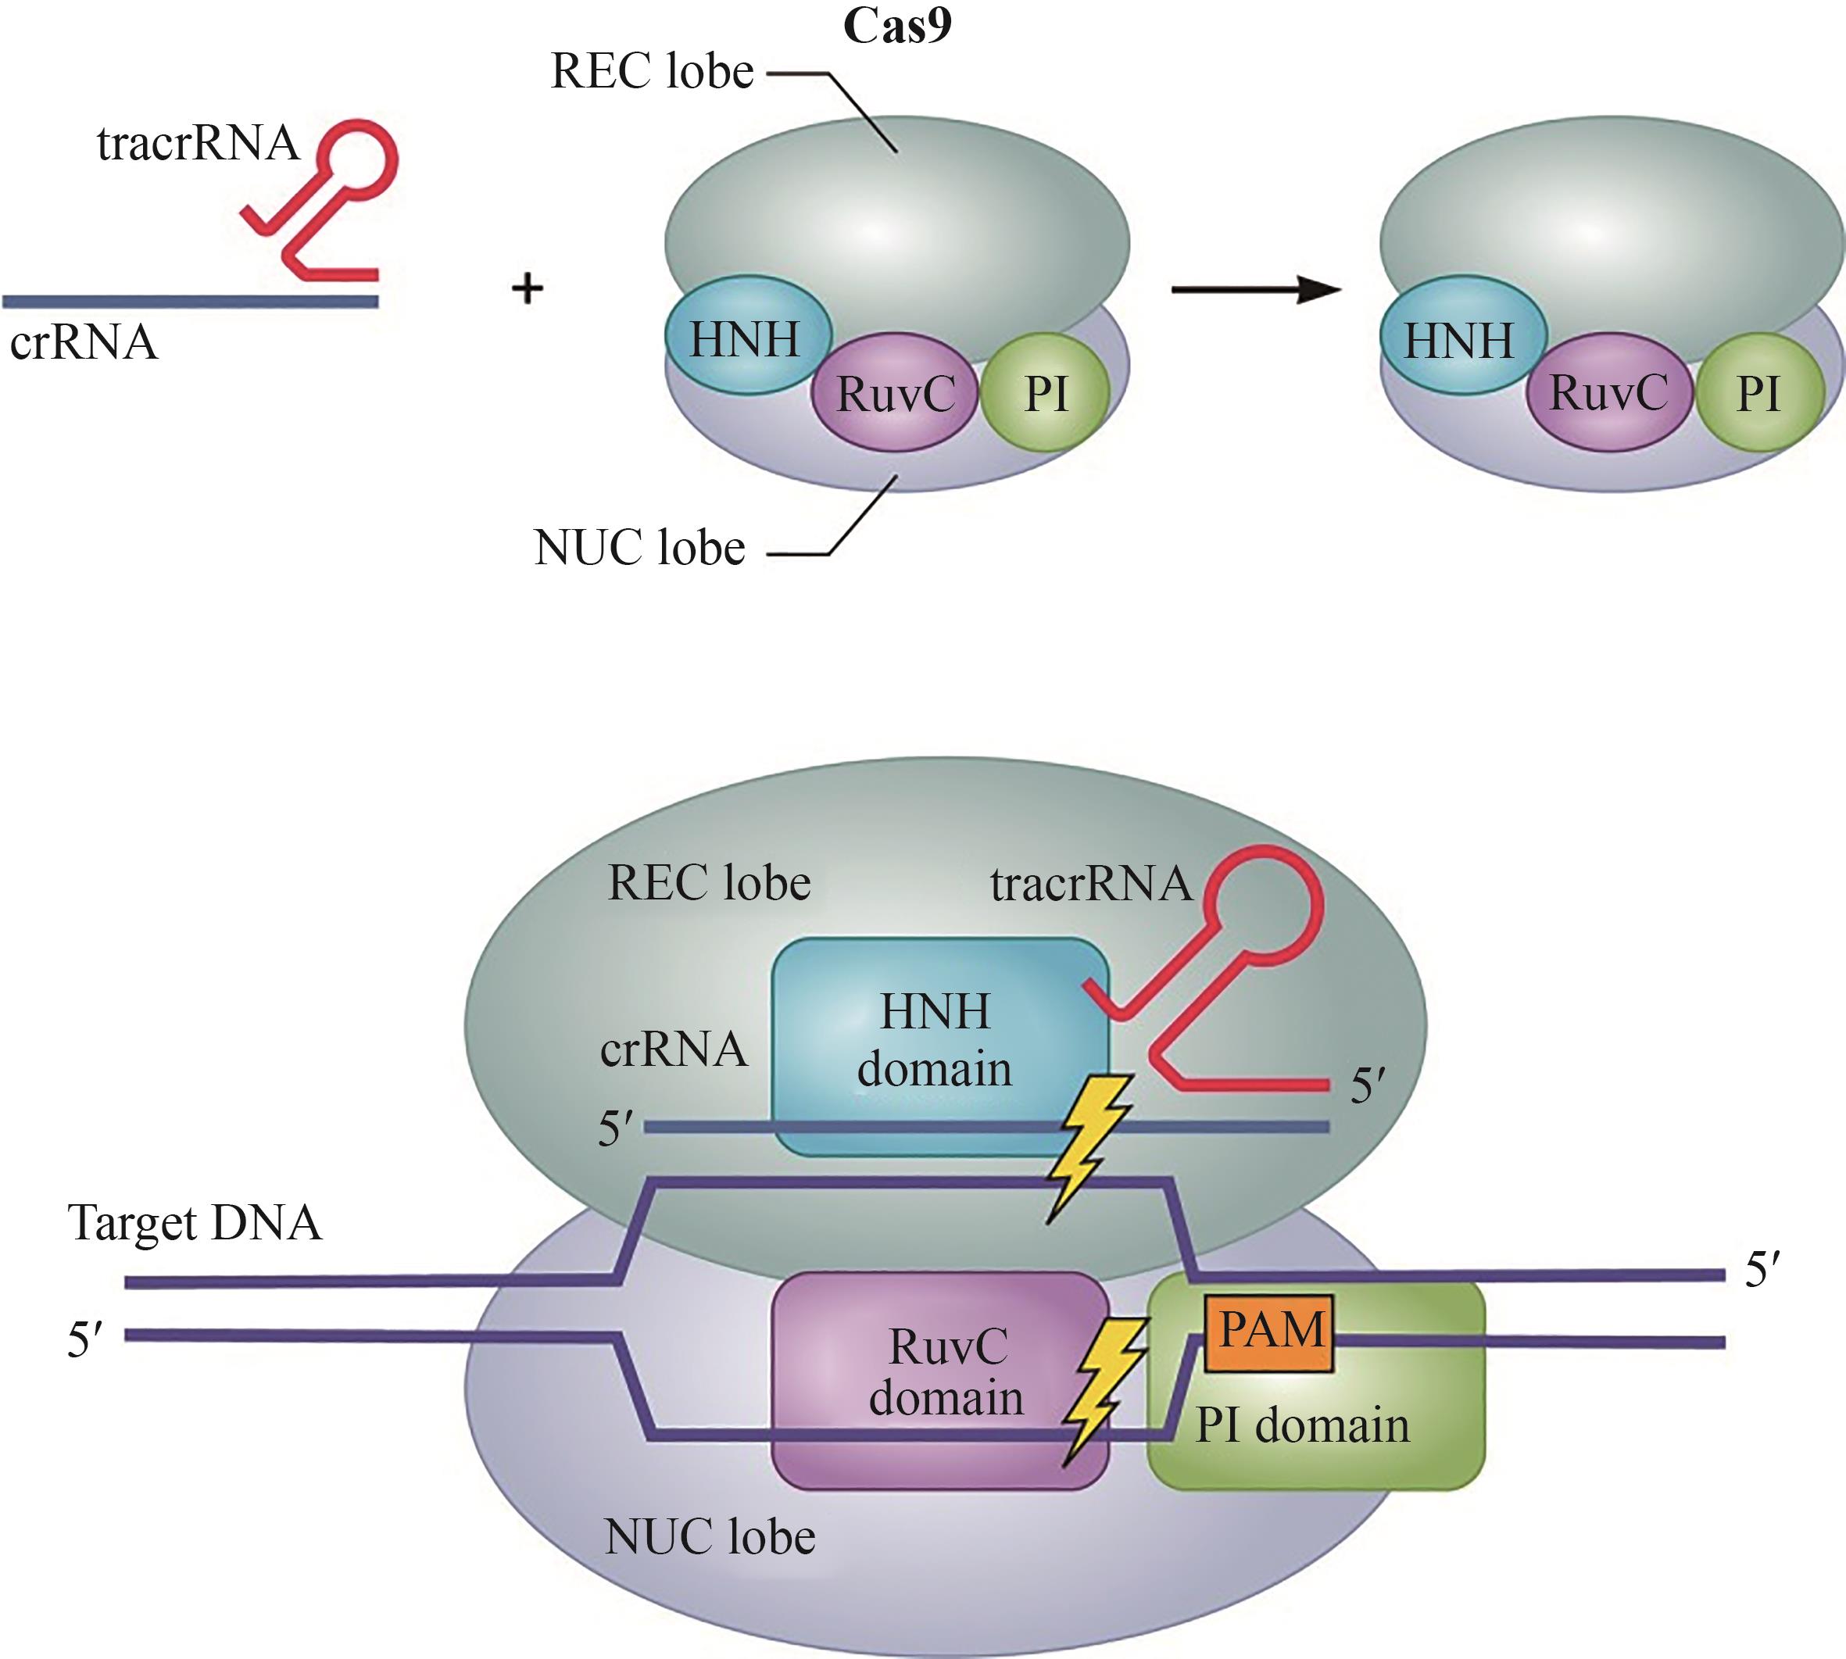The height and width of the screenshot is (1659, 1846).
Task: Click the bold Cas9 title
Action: [x=897, y=26]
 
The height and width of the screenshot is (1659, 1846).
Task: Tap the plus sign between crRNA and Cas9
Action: [x=527, y=289]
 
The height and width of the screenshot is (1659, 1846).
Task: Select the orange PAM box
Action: [x=1269, y=1332]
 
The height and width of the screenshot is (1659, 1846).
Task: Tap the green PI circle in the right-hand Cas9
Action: [x=1758, y=393]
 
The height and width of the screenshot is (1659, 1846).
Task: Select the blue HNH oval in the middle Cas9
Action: [x=746, y=338]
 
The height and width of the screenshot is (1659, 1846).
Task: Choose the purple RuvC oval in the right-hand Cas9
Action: [x=1608, y=393]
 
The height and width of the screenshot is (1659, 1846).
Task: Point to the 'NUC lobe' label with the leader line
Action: [x=640, y=548]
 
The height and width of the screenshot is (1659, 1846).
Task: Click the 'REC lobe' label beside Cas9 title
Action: [x=653, y=71]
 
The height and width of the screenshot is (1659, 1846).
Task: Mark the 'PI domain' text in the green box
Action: [x=1302, y=1425]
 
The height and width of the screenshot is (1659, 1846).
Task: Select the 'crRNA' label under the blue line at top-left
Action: [x=84, y=343]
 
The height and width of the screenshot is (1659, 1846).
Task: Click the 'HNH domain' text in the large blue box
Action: [x=936, y=1040]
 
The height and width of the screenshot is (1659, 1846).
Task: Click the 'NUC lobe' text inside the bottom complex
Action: [x=709, y=1537]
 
